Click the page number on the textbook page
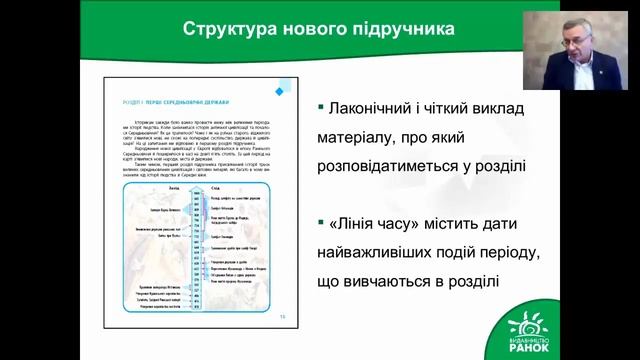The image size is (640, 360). coord(281,313)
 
